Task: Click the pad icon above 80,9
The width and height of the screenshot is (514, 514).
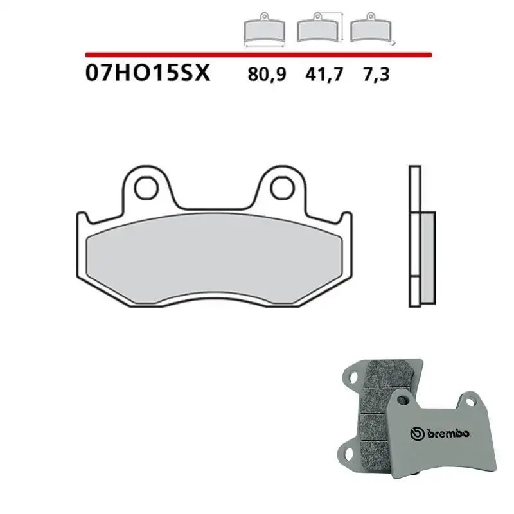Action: pyautogui.click(x=263, y=30)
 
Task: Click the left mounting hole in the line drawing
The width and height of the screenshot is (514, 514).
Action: pyautogui.click(x=147, y=187)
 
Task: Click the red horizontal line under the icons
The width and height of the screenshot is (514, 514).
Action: pyautogui.click(x=257, y=54)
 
